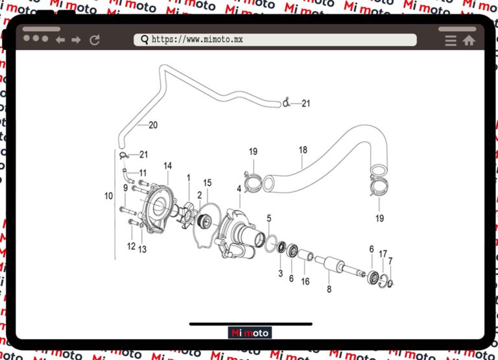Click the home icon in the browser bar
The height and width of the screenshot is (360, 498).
[469, 40]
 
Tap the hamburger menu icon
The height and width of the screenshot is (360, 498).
[451, 40]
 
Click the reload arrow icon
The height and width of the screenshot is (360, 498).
[95, 40]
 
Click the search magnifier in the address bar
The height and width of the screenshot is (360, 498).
[144, 40]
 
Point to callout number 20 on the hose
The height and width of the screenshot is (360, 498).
[153, 125]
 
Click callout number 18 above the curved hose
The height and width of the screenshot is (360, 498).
[303, 150]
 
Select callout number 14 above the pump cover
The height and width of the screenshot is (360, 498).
[167, 166]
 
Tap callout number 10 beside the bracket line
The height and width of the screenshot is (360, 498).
[108, 195]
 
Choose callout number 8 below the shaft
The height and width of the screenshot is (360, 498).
[329, 289]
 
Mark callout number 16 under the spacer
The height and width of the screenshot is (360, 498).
[305, 282]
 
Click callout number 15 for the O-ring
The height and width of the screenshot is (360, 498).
[207, 182]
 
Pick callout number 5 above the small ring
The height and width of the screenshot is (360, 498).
[268, 218]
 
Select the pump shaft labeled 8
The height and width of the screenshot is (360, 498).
[340, 266]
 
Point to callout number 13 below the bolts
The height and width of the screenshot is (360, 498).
[143, 249]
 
